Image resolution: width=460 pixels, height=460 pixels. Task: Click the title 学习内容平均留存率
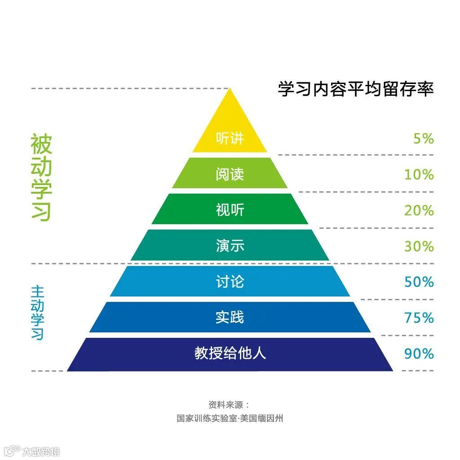(x=355, y=88)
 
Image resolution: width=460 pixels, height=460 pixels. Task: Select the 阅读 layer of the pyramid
(x=230, y=174)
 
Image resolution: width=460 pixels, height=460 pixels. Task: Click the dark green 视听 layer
(x=230, y=210)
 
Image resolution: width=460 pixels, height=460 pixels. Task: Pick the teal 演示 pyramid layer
(x=230, y=246)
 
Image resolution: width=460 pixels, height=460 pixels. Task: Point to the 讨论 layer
(x=230, y=282)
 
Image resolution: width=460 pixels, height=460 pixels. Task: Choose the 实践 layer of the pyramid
(x=230, y=318)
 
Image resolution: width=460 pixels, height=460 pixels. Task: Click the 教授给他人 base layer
(x=230, y=354)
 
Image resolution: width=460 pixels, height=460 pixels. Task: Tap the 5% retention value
(x=424, y=139)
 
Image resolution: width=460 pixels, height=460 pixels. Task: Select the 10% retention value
(x=419, y=174)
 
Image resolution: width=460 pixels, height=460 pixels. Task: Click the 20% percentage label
(x=419, y=210)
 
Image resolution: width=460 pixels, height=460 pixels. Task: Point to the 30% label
(x=419, y=246)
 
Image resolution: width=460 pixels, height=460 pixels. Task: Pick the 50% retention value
(x=419, y=282)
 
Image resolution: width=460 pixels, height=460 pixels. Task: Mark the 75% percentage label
(x=419, y=318)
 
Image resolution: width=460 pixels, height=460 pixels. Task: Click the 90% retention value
(x=419, y=354)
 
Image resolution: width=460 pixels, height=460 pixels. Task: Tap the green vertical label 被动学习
(x=41, y=177)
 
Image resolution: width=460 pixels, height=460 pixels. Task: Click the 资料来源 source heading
(x=229, y=404)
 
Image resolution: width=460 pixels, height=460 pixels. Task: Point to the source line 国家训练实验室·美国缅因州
(x=230, y=419)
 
